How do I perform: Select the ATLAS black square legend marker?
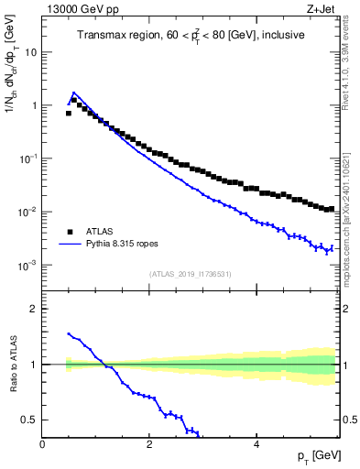[x=69, y=232]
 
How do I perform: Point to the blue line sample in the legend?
[x=69, y=245]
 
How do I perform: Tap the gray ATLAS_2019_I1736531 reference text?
[x=190, y=274]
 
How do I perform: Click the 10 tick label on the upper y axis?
[x=30, y=52]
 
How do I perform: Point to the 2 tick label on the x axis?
[x=148, y=444]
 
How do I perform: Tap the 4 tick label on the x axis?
[x=256, y=444]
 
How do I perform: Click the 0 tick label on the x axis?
[x=42, y=444]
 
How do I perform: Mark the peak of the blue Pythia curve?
[x=73, y=93]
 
